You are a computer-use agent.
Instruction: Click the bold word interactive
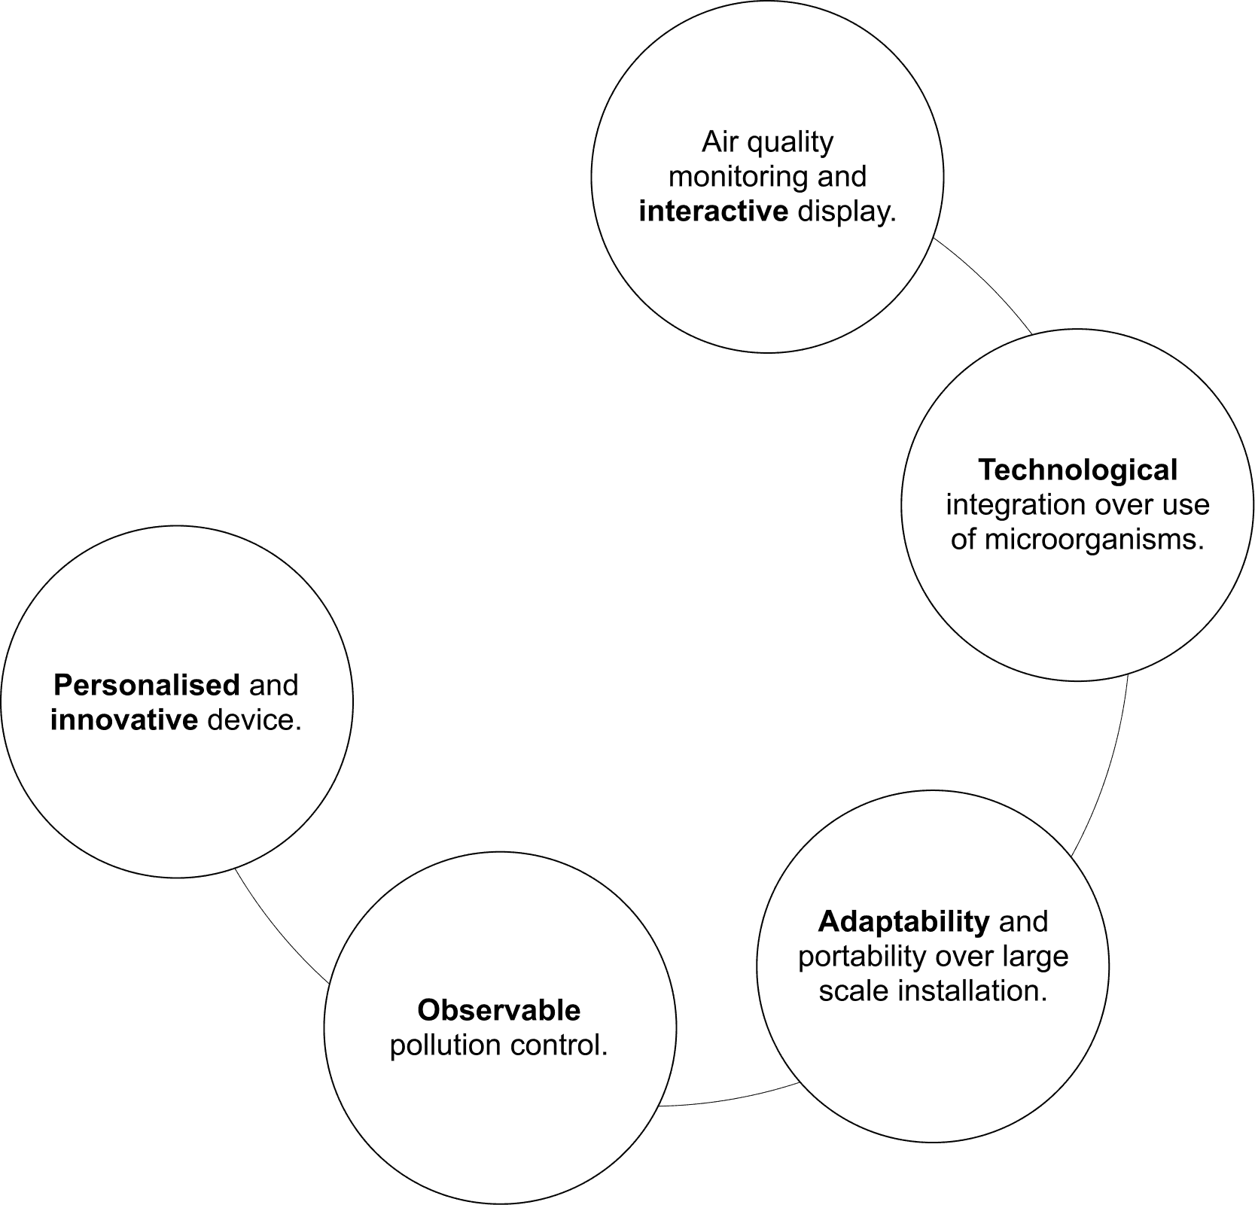click(x=713, y=212)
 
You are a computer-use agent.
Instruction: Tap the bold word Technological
click(x=1077, y=470)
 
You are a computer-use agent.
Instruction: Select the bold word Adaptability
click(x=903, y=921)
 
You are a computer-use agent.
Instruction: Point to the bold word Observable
click(x=499, y=1010)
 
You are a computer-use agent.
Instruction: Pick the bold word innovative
click(x=124, y=720)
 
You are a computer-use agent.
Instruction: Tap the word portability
click(x=862, y=957)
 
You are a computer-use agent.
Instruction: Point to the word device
click(x=254, y=720)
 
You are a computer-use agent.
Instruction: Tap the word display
click(x=847, y=212)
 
